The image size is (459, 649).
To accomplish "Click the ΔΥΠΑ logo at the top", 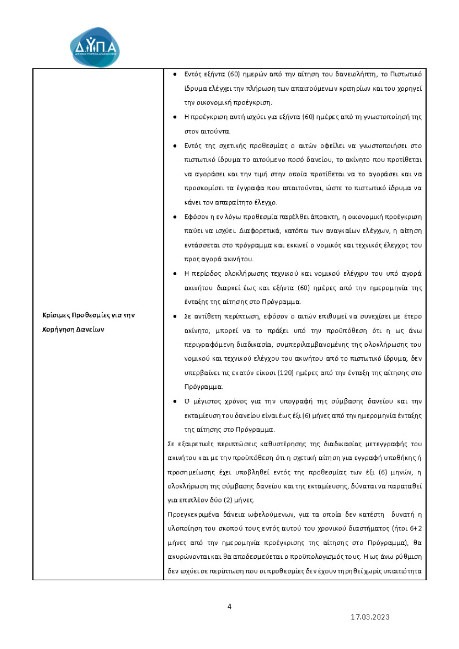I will (x=94, y=47).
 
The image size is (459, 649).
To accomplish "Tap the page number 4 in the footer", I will (x=229, y=606).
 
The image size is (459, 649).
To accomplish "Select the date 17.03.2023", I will (x=370, y=617).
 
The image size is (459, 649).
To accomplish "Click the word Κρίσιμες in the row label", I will (x=55, y=315).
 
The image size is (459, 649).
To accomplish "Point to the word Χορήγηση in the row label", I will (x=58, y=329).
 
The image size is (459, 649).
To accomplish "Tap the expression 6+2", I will (x=416, y=528).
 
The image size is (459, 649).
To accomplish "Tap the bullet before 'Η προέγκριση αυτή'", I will (x=174, y=117).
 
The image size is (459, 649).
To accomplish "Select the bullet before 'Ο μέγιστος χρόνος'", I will (x=174, y=401).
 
